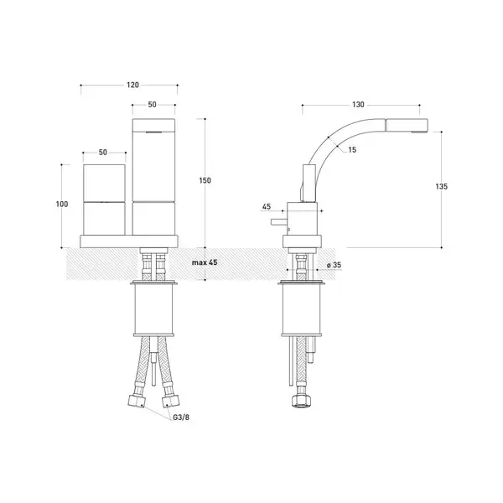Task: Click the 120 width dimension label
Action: [132, 85]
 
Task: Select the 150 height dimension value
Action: [205, 180]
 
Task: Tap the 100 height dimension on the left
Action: [62, 204]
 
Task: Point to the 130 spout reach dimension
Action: [358, 105]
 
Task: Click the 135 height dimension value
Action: [442, 186]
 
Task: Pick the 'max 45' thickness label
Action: [205, 262]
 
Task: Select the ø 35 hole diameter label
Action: [334, 265]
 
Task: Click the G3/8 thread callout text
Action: [181, 417]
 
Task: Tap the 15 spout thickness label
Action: [352, 150]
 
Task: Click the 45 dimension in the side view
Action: [267, 206]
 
